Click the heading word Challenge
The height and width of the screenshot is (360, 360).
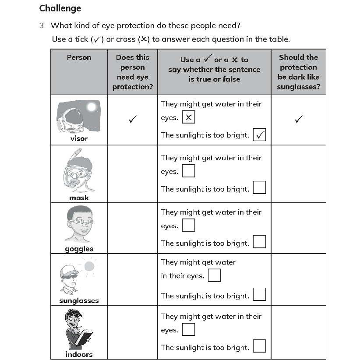pos(60,8)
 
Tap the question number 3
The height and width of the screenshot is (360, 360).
pos(42,25)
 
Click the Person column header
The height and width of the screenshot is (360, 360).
pos(79,57)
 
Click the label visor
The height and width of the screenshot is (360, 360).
pos(79,139)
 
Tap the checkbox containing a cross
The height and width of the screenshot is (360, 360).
pos(188,117)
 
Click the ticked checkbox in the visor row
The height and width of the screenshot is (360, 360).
pos(259,135)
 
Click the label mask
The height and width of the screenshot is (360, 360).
pos(79,198)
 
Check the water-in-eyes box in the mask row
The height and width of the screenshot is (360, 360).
pos(188,171)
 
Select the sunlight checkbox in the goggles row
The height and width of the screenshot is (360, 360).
pos(259,242)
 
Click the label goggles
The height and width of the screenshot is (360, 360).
pos(79,249)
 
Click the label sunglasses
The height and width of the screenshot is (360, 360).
pos(79,300)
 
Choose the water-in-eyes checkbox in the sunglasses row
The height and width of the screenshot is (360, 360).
pos(214,275)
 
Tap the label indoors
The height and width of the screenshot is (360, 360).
pos(79,354)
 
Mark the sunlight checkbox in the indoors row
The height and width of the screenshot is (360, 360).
pos(259,346)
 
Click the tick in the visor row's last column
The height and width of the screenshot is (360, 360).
pos(298,119)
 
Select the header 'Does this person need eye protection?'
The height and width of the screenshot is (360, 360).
pos(132,72)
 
